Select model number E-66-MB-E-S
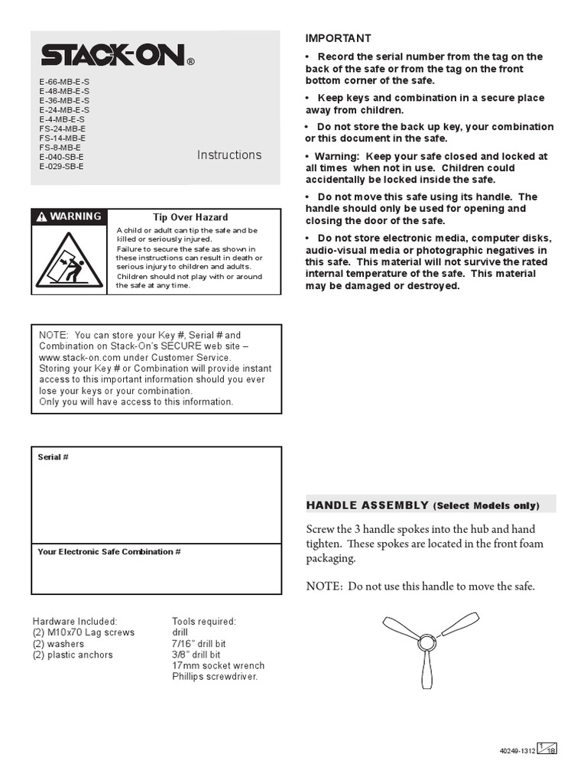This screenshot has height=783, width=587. [64, 82]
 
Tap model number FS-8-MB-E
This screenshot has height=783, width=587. [60, 148]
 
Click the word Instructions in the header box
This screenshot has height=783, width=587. [229, 155]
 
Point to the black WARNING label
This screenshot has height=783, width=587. [70, 216]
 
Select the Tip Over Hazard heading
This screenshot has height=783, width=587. [190, 217]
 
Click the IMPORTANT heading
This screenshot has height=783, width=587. [338, 38]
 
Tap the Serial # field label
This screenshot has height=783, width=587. [54, 457]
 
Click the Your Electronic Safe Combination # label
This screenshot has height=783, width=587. [109, 552]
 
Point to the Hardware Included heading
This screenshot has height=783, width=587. [75, 622]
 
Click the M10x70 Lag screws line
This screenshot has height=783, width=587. [83, 633]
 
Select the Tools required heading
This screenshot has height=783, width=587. [204, 622]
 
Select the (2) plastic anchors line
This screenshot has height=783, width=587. [73, 655]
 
